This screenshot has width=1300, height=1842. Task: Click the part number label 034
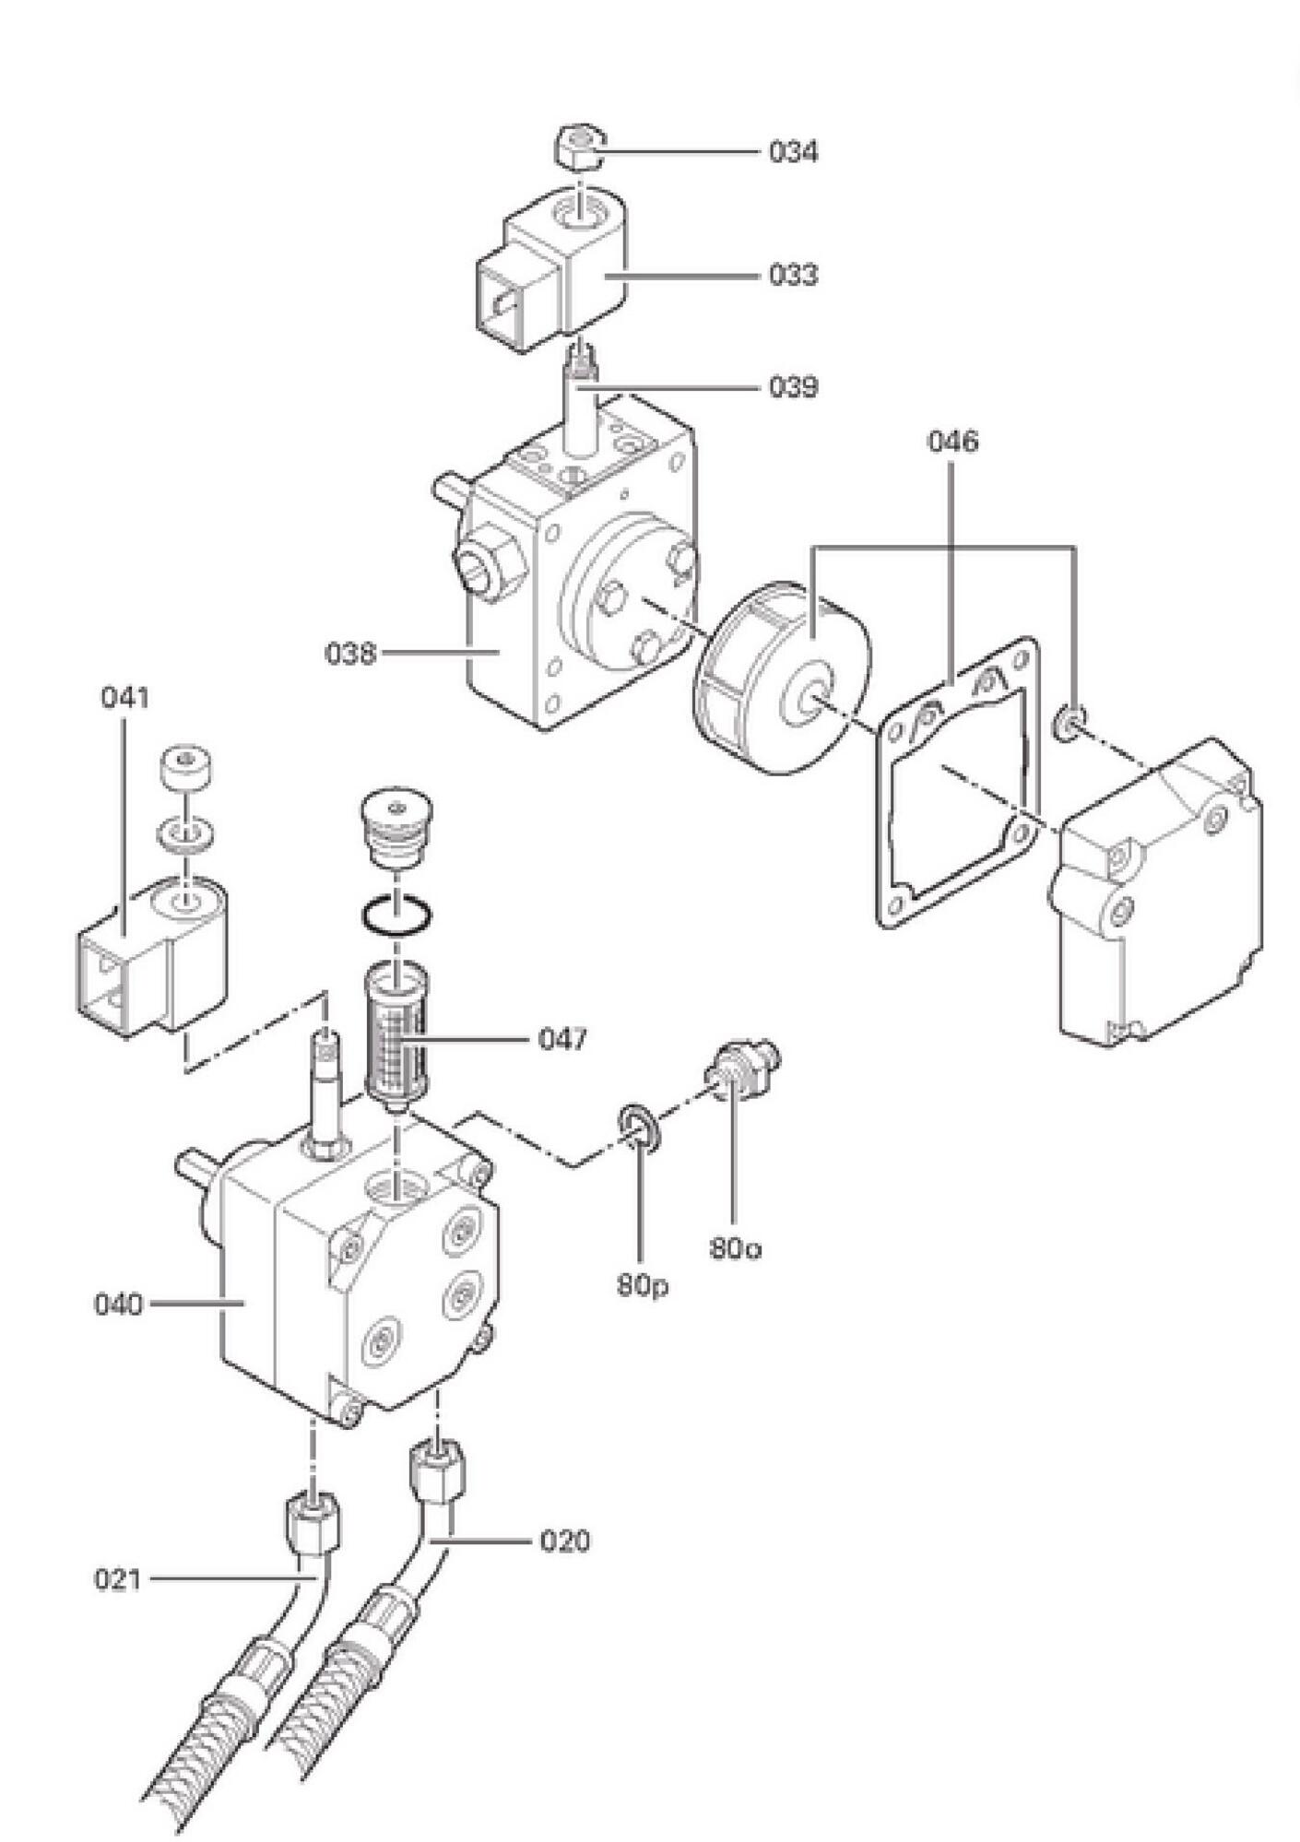pyautogui.click(x=794, y=151)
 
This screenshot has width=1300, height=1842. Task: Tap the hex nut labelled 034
pyautogui.click(x=578, y=148)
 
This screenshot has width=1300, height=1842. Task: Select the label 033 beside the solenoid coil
pyautogui.click(x=794, y=275)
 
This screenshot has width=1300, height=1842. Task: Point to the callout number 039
pyautogui.click(x=794, y=387)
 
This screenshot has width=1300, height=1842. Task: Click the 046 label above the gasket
pyautogui.click(x=952, y=442)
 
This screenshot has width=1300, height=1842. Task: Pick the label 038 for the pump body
pyautogui.click(x=350, y=654)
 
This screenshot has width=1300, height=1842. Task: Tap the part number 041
pyautogui.click(x=124, y=698)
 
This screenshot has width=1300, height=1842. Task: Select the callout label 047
pyautogui.click(x=562, y=1040)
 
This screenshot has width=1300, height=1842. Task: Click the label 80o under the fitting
pyautogui.click(x=736, y=1249)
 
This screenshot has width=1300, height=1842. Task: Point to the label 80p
pyautogui.click(x=643, y=1286)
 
